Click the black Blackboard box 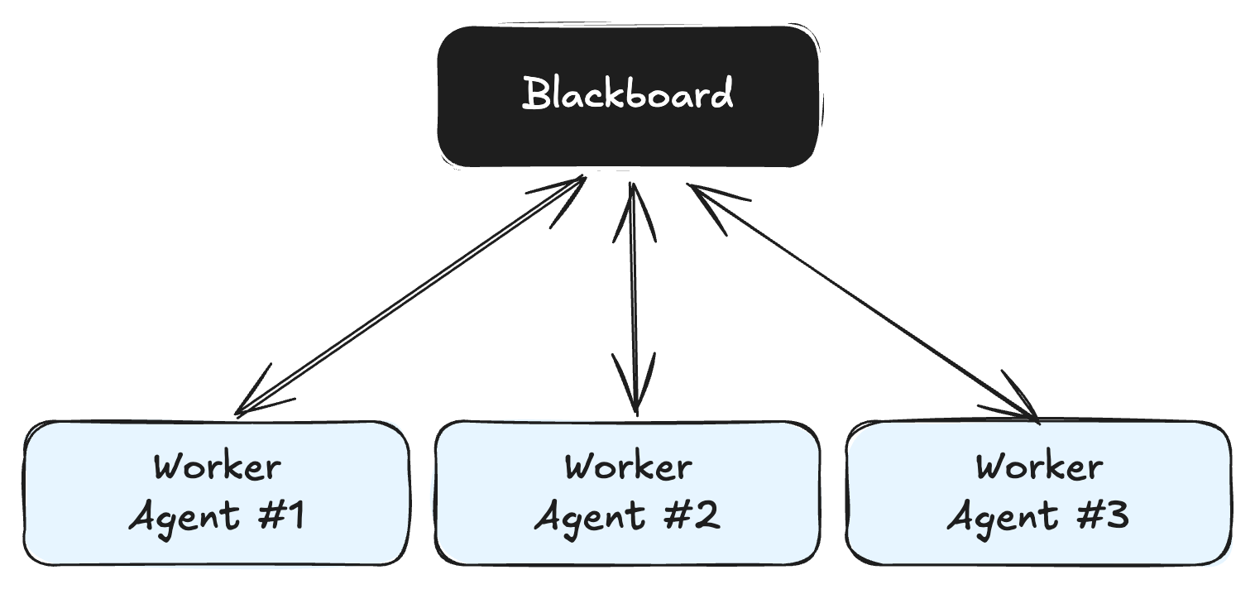629,132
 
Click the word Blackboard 628,93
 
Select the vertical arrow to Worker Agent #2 634,298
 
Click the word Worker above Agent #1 217,467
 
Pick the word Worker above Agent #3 1038,467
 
